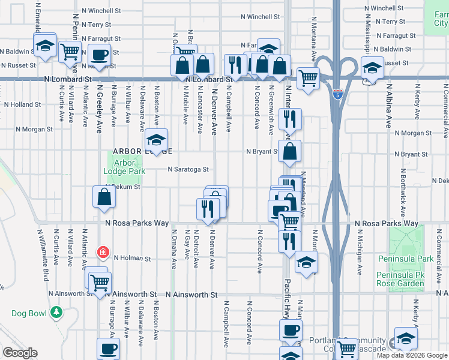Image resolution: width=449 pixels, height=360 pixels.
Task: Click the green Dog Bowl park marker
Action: [56, 312]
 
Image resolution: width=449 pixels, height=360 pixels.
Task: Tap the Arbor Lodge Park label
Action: [124, 167]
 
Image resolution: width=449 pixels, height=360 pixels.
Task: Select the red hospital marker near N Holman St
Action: [103, 251]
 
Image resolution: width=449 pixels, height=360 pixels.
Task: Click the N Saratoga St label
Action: [188, 170]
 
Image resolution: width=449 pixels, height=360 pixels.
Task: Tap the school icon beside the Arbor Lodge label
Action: [156, 140]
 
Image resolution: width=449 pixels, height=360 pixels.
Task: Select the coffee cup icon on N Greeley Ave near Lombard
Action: [100, 55]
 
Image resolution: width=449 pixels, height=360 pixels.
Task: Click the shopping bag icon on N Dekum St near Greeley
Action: [104, 197]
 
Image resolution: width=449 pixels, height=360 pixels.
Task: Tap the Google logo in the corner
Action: [20, 353]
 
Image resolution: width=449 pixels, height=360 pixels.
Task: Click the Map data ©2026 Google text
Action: [412, 355]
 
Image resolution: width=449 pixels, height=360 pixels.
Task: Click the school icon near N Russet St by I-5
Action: [372, 67]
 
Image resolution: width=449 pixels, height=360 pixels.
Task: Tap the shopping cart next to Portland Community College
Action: [346, 349]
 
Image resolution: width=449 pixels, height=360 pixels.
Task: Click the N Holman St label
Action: [132, 259]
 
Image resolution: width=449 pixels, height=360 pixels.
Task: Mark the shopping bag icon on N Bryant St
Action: [289, 152]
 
